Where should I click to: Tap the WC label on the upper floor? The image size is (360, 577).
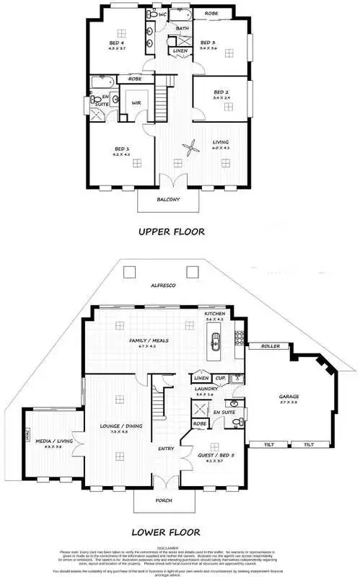(163, 14)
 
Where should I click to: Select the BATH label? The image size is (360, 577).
(183, 28)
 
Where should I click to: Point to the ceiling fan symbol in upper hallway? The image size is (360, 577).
(190, 149)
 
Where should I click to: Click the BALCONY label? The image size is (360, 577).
(167, 199)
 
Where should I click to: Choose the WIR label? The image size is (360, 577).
(135, 103)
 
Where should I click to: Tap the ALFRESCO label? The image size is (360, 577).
(162, 286)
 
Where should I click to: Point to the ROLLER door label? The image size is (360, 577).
(270, 346)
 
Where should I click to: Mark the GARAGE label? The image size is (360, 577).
(289, 397)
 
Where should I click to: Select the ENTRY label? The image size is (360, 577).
(167, 449)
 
